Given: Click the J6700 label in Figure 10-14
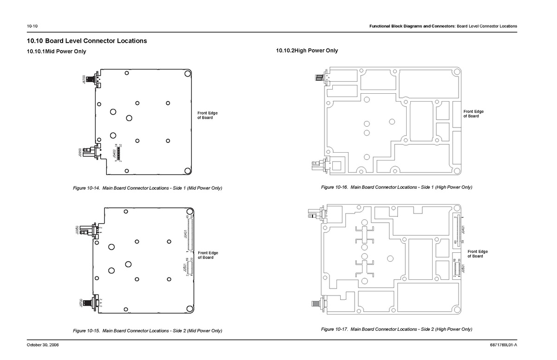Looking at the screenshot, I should coord(84,79).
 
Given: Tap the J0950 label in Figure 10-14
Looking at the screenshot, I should coord(81,152).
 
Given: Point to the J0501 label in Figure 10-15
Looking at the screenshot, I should coord(184,269).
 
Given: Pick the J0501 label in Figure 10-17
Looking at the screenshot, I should coord(464,270).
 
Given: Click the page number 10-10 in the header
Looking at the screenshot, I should coord(32,26).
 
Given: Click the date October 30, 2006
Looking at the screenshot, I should coord(43,345).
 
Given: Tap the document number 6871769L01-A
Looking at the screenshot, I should coord(503,345).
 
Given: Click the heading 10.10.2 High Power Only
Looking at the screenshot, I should coord(307,51).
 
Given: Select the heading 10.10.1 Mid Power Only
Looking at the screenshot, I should coord(57,51).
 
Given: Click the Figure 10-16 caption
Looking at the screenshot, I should coord(396,187).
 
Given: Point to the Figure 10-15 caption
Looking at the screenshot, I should coord(148,331).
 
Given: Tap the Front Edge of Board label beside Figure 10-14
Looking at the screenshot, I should coord(207,116).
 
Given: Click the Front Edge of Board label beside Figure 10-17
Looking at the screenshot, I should coord(478,254).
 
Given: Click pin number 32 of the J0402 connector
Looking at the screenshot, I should coord(121,146).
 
